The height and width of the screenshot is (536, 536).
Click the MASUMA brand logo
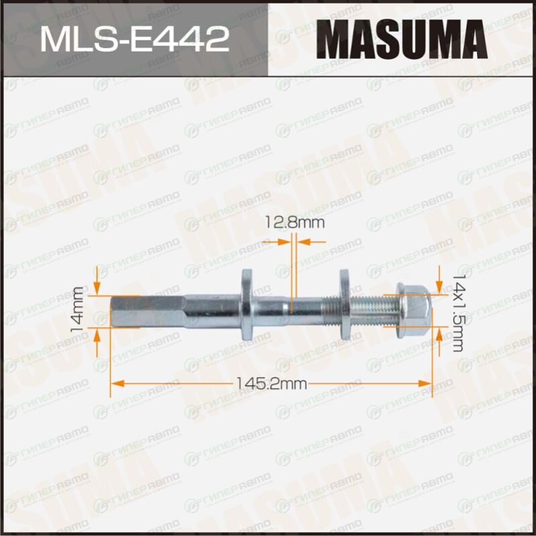pos(401,39)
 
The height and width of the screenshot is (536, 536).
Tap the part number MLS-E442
pos(135,40)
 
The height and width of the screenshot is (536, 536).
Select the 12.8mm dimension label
pos(295,223)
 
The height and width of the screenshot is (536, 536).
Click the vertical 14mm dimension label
pos(76,310)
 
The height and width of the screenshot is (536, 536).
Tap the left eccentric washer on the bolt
pos(247,304)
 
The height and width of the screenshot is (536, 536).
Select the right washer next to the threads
pos(344,304)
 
